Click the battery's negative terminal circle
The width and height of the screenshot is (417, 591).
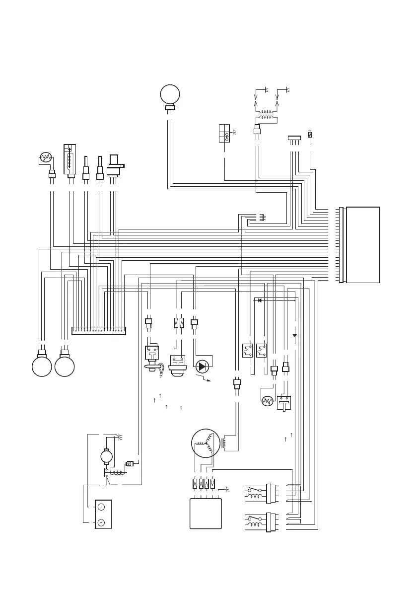pyautogui.click(x=101, y=507)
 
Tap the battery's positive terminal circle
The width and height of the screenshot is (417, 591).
pyautogui.click(x=101, y=522)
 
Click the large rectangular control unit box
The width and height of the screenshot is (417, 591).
pyautogui.click(x=363, y=244)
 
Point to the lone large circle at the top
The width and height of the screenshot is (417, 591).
pyautogui.click(x=170, y=94)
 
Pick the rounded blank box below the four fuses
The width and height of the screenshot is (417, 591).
pyautogui.click(x=206, y=514)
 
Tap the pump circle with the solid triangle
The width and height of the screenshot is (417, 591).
pyautogui.click(x=202, y=367)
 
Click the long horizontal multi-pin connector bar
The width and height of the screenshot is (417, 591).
pyautogui.click(x=99, y=331)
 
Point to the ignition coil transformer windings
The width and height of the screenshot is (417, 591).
pyautogui.click(x=266, y=114)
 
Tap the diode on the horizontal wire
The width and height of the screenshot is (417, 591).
pyautogui.click(x=259, y=300)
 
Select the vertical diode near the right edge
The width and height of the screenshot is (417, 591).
pyautogui.click(x=295, y=336)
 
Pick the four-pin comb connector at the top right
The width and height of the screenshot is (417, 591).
pyautogui.click(x=294, y=138)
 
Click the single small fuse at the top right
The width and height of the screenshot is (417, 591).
pyautogui.click(x=310, y=135)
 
